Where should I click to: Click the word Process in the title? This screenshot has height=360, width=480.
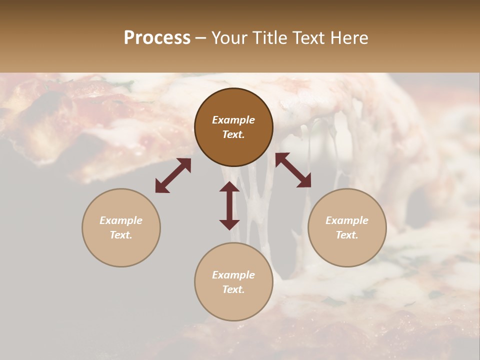point(157,38)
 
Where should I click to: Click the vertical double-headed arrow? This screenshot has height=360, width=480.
point(229,205)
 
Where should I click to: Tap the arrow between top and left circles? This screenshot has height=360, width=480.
point(173,175)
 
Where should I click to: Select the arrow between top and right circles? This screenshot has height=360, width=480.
point(293,170)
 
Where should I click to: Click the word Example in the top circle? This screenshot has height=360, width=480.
point(233,120)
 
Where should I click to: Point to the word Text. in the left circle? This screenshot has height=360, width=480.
point(121,235)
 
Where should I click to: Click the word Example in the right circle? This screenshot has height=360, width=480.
point(347,220)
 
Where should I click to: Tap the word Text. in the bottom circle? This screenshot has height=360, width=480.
point(233,289)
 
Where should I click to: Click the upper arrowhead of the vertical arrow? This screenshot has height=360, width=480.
point(229,186)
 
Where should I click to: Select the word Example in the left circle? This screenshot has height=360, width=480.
point(121,220)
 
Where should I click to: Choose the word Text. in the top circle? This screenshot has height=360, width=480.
point(233,134)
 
